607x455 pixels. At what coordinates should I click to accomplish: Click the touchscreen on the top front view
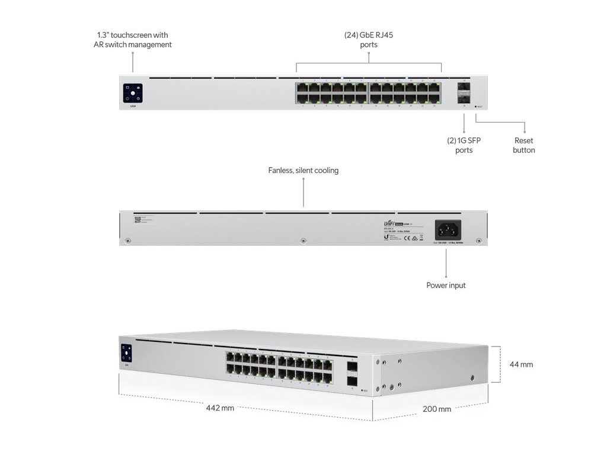point(133,93)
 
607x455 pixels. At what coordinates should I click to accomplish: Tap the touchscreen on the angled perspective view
point(126,353)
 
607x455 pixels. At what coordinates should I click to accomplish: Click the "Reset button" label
point(523,145)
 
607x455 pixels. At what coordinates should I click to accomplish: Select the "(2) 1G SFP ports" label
point(464,145)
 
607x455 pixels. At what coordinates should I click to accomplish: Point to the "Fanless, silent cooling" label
point(303,171)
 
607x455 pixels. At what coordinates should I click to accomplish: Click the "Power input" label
point(446,286)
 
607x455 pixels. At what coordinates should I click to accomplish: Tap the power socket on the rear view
point(448,229)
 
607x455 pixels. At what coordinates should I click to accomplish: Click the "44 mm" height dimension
point(521,364)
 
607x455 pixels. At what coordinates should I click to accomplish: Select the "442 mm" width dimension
point(220,408)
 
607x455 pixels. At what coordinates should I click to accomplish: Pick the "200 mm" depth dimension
point(436,409)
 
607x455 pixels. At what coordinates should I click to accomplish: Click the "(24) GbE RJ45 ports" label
point(369,40)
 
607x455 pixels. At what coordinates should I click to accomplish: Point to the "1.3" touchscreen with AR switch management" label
point(133,40)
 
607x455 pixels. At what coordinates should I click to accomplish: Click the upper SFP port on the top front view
point(464,87)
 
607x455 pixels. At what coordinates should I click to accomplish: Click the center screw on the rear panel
point(303,241)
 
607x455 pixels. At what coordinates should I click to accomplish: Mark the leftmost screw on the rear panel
point(127,241)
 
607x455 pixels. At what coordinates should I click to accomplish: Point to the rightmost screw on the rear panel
point(479,241)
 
